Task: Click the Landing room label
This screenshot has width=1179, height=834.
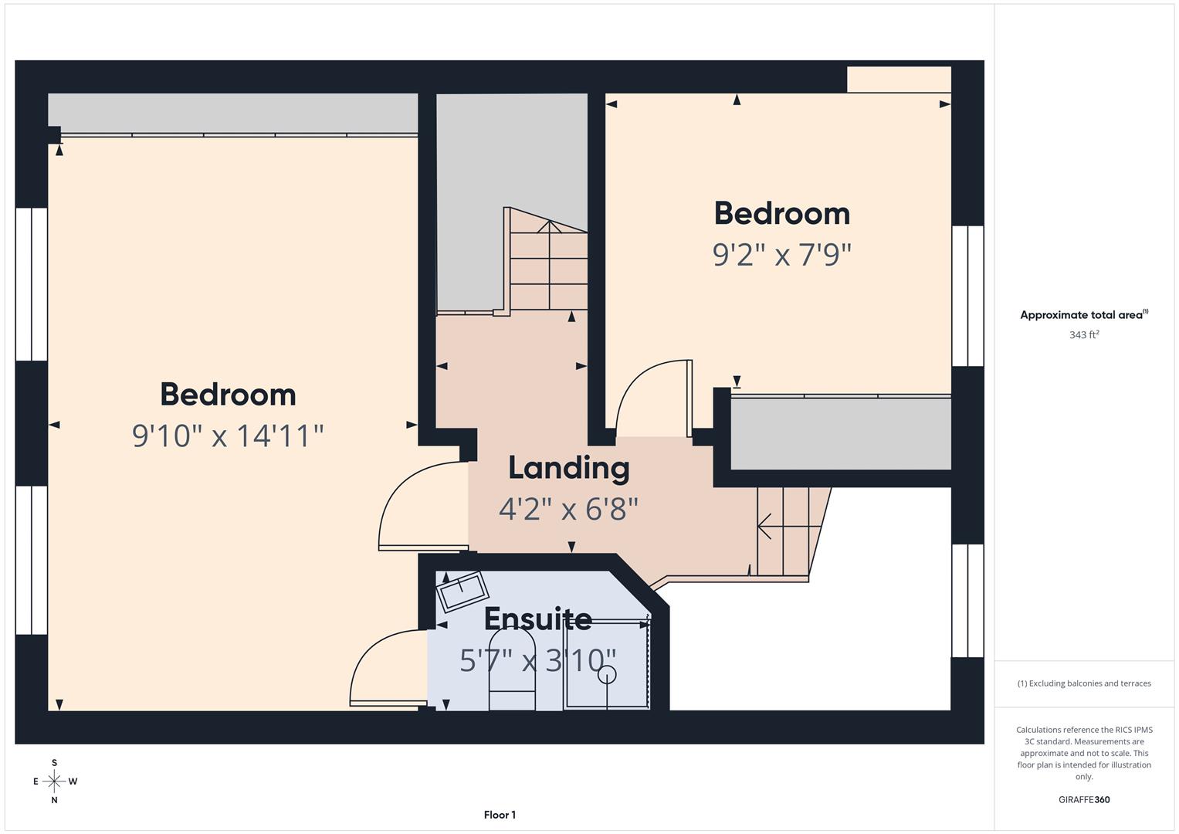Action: click(569, 468)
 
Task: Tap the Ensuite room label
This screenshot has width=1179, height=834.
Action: click(538, 619)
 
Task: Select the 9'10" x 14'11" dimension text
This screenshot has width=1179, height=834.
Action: click(228, 436)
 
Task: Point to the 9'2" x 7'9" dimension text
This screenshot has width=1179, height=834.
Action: click(781, 254)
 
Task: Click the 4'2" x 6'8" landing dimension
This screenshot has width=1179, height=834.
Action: click(569, 509)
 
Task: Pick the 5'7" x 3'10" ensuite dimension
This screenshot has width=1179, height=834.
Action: click(538, 660)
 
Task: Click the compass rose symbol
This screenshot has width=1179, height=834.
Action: click(54, 781)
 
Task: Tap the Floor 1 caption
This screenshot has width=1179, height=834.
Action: click(500, 815)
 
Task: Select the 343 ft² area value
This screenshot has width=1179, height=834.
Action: click(1083, 335)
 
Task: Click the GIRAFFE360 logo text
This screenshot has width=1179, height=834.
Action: click(1083, 800)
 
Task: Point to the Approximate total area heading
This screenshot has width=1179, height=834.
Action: click(1083, 315)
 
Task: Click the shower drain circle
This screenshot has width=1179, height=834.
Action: click(608, 674)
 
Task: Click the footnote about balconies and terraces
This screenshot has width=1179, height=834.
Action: click(1083, 683)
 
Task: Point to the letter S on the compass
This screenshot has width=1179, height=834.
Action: click(54, 763)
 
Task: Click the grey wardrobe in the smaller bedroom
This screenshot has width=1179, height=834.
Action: click(840, 433)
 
